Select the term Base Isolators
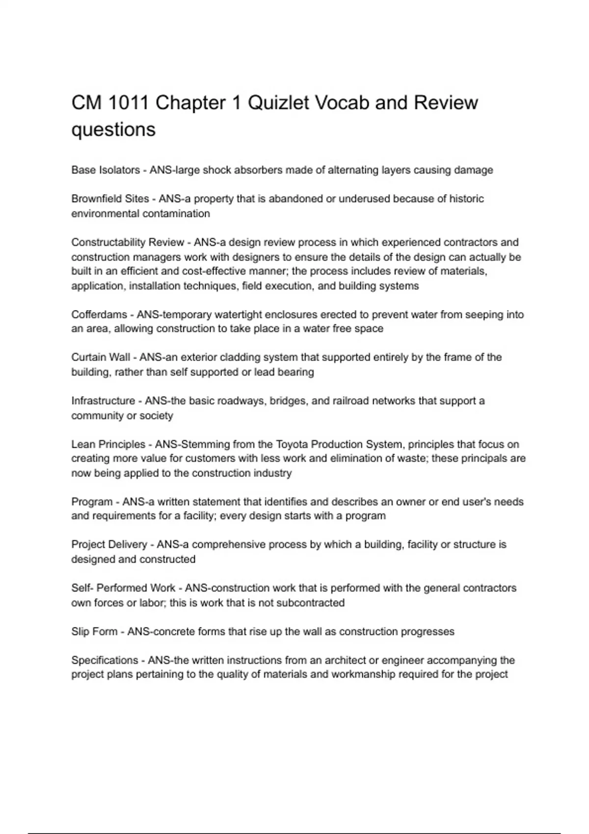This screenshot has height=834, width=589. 106,170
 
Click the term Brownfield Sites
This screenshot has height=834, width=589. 110,199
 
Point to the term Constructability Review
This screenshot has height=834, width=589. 128,242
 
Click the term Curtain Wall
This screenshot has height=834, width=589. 101,358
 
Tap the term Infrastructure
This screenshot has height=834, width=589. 103,401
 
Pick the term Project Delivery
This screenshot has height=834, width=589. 109,545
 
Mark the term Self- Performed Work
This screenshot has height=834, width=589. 123,588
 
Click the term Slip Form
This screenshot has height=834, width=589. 94,631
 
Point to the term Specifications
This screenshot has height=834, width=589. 105,660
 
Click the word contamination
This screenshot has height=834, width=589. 176,214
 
